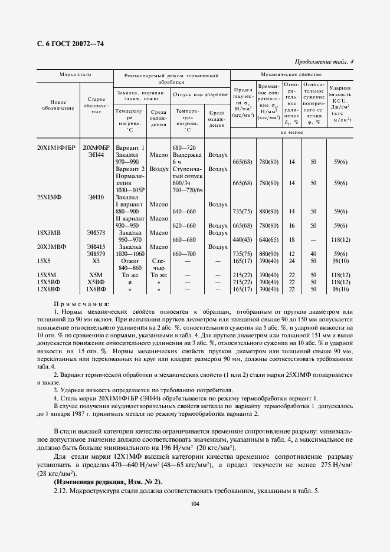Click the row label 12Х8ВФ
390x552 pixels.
[48, 289]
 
